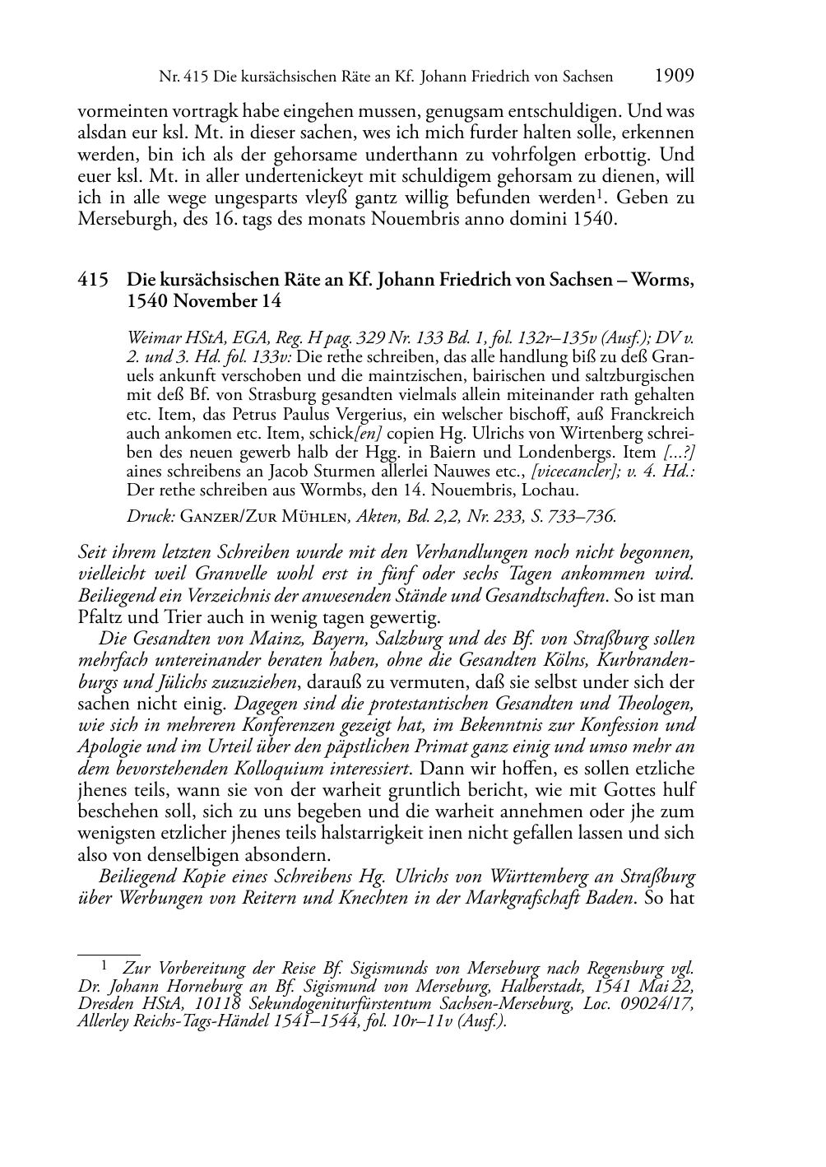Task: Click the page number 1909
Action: pyautogui.click(x=675, y=77)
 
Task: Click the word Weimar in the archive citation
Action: pyautogui.click(x=151, y=337)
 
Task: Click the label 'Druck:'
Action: pyautogui.click(x=150, y=517)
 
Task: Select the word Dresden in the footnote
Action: pyautogui.click(x=105, y=1003)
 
